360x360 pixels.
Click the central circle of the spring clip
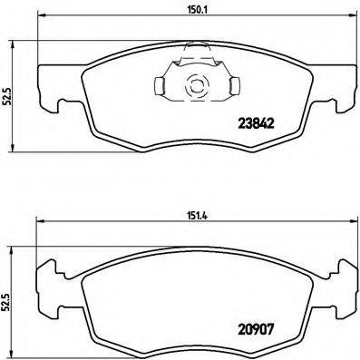(194, 87)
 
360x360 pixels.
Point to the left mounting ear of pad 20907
(44, 274)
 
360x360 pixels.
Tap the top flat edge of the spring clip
(194, 56)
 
